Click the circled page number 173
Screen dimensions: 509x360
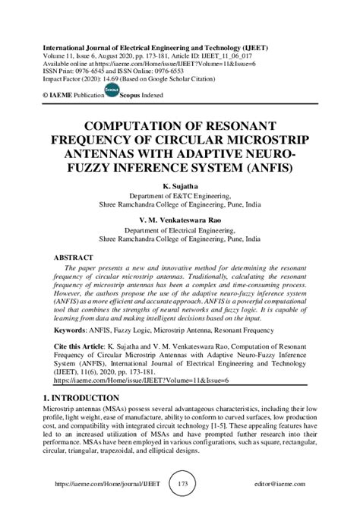(179, 483)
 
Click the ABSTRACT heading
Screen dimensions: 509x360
(74, 258)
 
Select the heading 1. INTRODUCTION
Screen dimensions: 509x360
(78, 396)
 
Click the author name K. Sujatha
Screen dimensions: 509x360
(179, 185)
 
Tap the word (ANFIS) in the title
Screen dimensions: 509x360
(267, 168)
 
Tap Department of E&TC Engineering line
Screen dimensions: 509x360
(179, 194)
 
